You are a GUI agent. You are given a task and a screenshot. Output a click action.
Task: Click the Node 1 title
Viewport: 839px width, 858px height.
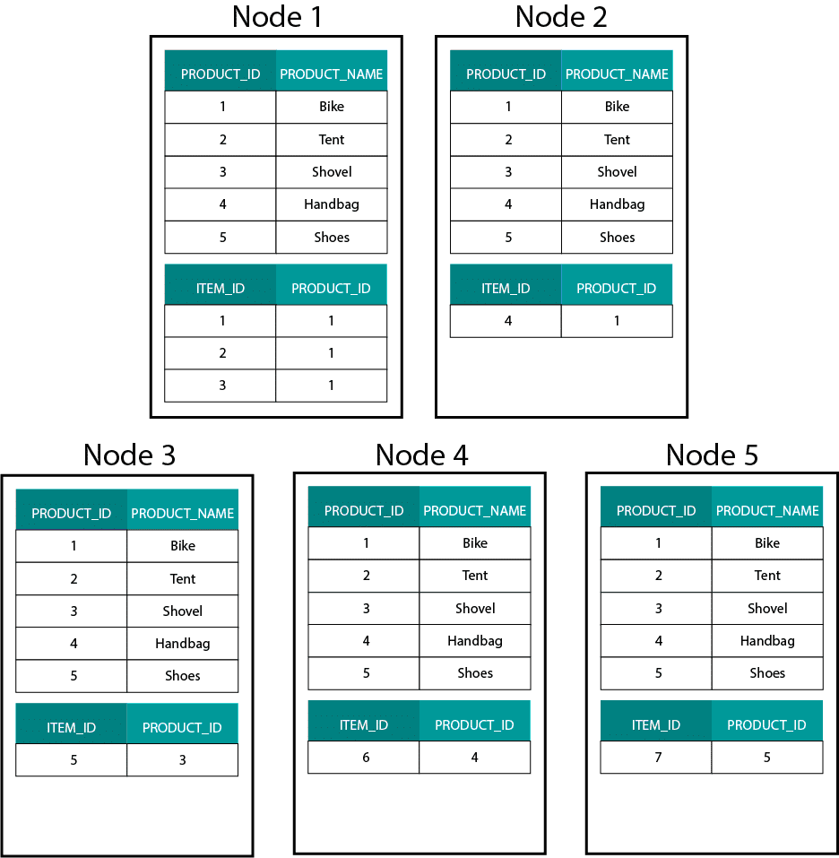(277, 16)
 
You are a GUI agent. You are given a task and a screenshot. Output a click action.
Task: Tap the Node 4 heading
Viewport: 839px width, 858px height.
(421, 455)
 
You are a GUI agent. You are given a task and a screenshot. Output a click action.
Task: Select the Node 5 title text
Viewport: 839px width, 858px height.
(712, 455)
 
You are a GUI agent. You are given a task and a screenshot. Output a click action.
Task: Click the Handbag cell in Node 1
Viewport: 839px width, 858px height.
(332, 204)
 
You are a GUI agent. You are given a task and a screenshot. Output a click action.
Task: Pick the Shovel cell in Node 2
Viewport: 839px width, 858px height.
(617, 172)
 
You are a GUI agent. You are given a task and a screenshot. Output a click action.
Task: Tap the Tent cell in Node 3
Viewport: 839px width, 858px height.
(183, 578)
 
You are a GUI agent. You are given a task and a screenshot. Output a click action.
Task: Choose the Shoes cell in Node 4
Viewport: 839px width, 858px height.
(475, 673)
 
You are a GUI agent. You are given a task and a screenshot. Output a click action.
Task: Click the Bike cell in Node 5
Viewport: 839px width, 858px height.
(767, 542)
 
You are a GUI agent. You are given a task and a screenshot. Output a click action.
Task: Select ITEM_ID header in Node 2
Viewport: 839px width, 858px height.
(506, 289)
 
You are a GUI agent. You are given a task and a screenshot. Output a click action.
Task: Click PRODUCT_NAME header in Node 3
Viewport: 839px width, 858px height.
(183, 513)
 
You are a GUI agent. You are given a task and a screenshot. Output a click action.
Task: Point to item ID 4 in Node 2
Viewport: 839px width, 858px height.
(508, 321)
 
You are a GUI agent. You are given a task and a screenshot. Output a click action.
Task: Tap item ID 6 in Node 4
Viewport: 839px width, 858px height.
(366, 758)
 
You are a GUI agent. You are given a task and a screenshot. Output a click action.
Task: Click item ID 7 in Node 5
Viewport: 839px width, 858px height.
(658, 758)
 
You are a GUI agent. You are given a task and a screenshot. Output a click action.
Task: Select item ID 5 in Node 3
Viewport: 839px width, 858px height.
(74, 760)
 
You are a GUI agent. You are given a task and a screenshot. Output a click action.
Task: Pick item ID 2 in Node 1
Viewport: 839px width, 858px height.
(222, 353)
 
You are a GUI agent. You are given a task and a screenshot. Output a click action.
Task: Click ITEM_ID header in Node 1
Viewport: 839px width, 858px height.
(221, 289)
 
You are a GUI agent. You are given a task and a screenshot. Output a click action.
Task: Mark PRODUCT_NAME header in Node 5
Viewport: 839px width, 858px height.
(767, 510)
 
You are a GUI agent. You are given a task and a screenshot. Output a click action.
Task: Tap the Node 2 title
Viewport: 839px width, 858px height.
(561, 16)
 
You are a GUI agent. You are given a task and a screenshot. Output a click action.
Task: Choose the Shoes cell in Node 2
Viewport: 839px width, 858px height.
(617, 238)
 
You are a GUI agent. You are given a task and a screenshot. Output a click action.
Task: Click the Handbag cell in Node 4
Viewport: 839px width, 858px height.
(475, 641)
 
